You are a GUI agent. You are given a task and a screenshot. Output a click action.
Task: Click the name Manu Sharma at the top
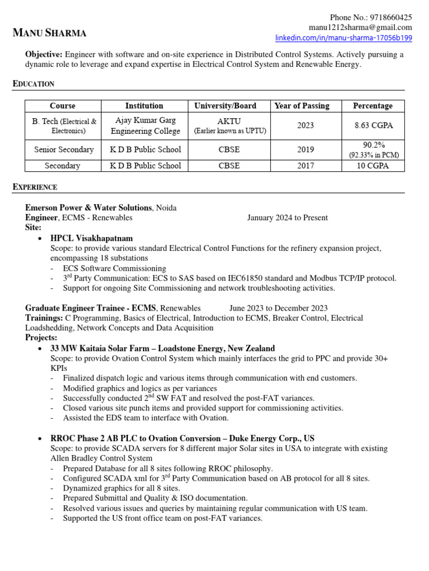pos(50,33)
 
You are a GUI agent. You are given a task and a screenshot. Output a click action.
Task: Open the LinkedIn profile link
pos(344,38)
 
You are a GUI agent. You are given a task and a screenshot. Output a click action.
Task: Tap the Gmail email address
pos(360,27)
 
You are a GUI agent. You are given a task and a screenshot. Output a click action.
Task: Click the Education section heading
pos(34,84)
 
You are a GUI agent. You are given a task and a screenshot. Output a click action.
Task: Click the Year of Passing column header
pos(302,106)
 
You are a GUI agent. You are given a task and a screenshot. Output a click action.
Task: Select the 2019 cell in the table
pos(306,149)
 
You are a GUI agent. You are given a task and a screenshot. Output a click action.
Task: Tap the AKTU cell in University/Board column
pos(230,121)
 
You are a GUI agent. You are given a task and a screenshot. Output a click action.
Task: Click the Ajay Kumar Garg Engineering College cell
pos(145,126)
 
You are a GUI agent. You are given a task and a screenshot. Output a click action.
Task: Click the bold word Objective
pos(44,55)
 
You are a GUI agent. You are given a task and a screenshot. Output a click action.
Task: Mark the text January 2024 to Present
pos(288,218)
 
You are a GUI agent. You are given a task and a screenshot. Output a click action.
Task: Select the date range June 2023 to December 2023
pos(278,308)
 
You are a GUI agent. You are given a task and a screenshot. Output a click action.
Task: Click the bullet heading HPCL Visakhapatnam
pos(92,238)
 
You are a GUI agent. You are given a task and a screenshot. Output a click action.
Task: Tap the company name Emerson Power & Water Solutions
pos(88,207)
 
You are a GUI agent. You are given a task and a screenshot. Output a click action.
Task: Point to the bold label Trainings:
pos(43,318)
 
